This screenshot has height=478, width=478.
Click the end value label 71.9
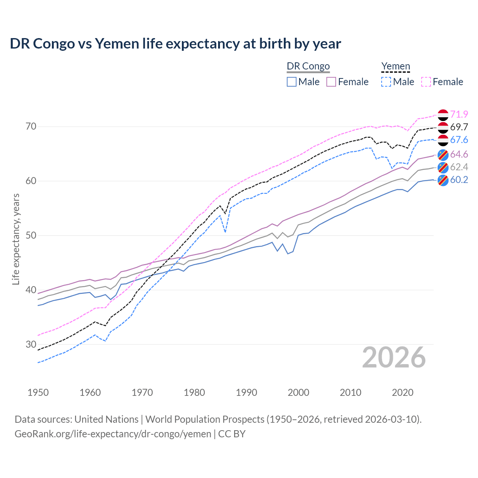point(459,114)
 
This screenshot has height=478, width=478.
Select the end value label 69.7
point(459,127)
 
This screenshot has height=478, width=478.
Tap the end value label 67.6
point(459,140)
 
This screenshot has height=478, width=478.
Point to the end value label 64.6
point(459,154)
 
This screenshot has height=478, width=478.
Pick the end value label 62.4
point(459,167)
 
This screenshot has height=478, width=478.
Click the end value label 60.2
point(459,180)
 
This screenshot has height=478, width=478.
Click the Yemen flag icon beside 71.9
point(443,115)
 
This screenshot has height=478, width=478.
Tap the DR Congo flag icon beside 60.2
point(443,180)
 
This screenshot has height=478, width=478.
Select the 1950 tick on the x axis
point(38,392)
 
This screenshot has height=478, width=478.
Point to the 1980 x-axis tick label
point(194,392)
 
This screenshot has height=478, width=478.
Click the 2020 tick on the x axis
point(403,392)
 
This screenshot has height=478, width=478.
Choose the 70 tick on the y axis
point(31,127)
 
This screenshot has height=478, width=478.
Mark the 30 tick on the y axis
point(31,344)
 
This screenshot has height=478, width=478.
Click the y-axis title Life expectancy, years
point(16,239)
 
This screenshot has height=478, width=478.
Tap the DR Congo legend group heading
point(308,66)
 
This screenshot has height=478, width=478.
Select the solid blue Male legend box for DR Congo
point(292,82)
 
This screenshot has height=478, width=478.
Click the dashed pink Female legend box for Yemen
point(426,82)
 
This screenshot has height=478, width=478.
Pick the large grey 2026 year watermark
point(394,357)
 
